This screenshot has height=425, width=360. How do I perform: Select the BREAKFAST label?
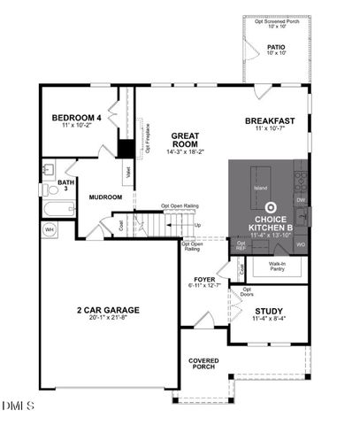pyautogui.click(x=270, y=121)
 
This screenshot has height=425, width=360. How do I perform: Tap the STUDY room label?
pyautogui.click(x=270, y=311)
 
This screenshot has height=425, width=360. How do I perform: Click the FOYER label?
pyautogui.click(x=204, y=279)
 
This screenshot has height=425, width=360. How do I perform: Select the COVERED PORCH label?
pyautogui.click(x=203, y=364)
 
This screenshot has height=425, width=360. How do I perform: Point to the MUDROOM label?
pyautogui.click(x=104, y=197)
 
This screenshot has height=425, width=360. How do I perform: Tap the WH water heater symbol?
pyautogui.click(x=50, y=229)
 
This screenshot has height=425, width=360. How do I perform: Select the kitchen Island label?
pyautogui.click(x=261, y=189)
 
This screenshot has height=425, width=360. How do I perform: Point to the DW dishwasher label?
pyautogui.click(x=301, y=200)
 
